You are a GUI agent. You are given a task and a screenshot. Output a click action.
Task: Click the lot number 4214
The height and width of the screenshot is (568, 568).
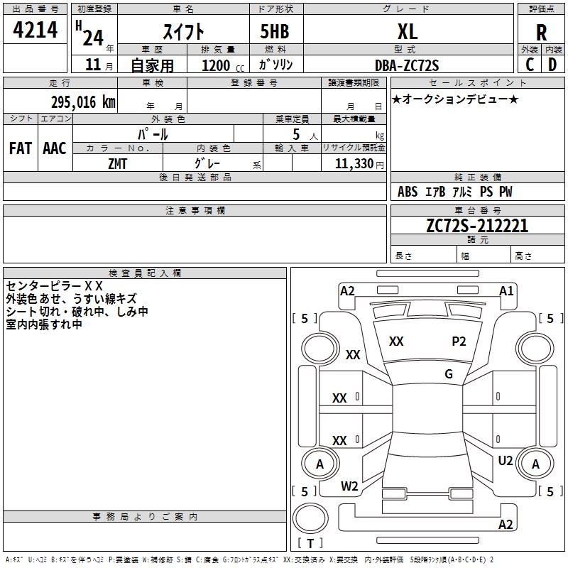click(35, 30)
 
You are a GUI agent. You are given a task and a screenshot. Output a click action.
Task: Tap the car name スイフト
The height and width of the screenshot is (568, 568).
click(184, 31)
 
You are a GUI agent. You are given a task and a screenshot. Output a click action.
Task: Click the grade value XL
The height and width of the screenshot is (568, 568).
click(407, 31)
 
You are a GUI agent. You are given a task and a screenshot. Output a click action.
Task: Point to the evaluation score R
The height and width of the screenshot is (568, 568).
click(542, 33)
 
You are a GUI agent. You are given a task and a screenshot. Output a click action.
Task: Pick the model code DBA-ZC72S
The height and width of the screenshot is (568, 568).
click(407, 65)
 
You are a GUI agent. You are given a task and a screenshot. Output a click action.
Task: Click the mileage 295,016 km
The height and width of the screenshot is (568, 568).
click(82, 102)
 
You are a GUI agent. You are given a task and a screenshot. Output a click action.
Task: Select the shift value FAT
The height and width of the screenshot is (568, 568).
click(20, 148)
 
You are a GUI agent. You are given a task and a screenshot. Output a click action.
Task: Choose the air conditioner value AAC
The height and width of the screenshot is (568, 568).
click(54, 148)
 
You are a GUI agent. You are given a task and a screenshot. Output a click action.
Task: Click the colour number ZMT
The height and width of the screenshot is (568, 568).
click(118, 164)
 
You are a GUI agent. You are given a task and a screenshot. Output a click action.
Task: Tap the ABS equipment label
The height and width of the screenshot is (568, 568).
click(408, 192)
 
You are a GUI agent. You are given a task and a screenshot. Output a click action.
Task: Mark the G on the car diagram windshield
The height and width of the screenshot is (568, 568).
click(449, 373)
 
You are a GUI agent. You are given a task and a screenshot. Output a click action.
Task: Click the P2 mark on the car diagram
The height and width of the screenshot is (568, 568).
click(459, 342)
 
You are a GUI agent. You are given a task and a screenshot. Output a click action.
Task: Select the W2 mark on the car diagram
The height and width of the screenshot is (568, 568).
click(349, 486)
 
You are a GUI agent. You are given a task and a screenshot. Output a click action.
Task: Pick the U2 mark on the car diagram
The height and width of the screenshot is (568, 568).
click(506, 461)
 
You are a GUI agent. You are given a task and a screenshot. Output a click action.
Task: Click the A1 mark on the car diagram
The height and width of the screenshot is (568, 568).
click(506, 290)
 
